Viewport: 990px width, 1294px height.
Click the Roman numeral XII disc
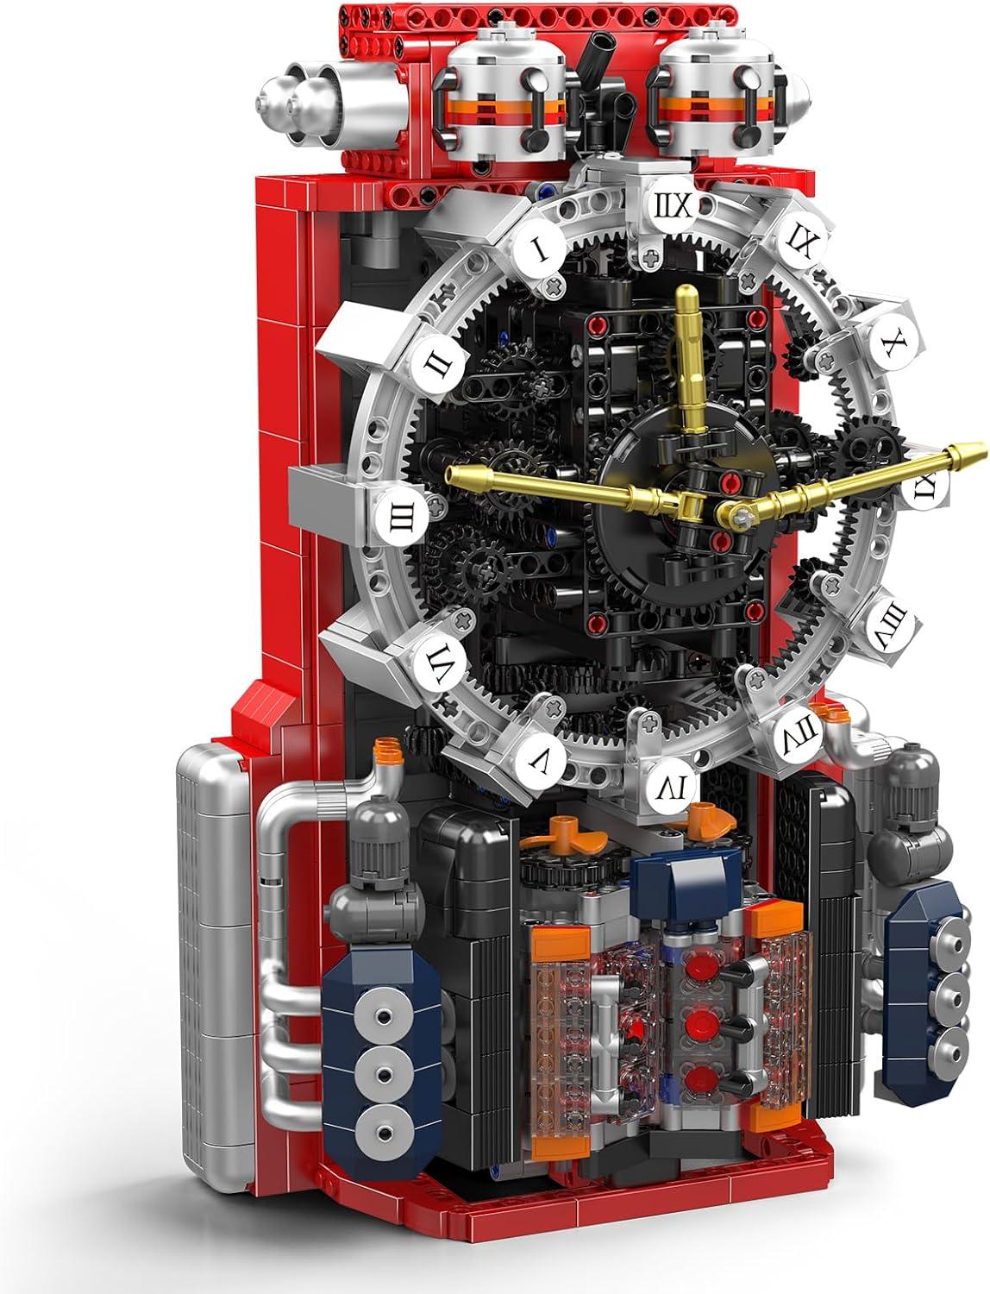coord(673,205)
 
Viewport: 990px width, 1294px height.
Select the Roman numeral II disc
coord(438,365)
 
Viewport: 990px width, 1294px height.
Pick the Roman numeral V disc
coord(538,763)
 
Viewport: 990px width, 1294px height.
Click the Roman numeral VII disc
coord(799,733)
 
